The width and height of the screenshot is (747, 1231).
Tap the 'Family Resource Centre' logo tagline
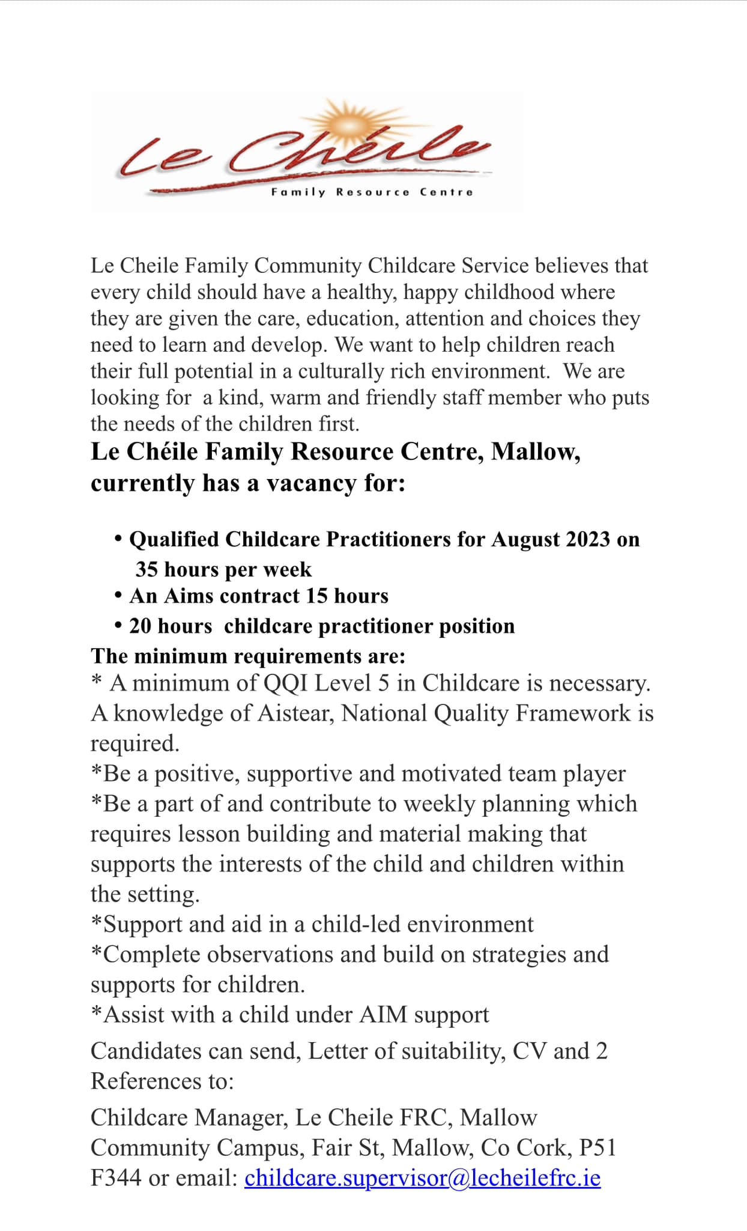(x=372, y=192)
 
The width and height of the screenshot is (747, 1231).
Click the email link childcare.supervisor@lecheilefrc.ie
(x=422, y=1178)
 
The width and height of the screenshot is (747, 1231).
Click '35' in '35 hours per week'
(x=147, y=569)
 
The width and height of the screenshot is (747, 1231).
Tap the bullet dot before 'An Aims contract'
(x=118, y=596)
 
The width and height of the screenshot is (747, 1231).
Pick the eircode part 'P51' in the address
(x=597, y=1147)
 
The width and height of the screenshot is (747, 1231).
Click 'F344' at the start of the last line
(x=116, y=1178)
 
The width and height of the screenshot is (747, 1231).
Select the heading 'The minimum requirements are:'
(x=248, y=656)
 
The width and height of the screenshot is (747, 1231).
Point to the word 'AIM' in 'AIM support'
(x=383, y=1014)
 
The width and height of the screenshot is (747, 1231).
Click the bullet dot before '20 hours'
(x=118, y=626)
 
